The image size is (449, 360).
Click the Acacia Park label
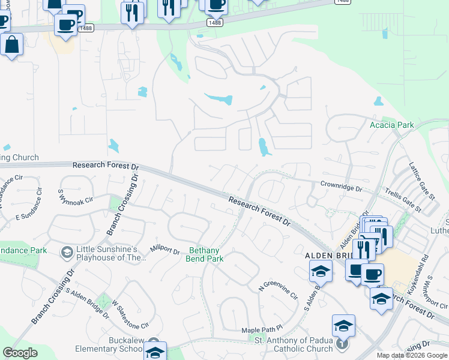pos(392,125)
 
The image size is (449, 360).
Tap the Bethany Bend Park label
pos(206,254)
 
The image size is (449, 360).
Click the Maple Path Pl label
pos(262,330)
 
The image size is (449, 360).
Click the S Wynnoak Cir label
pos(76,197)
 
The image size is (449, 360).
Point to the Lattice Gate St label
pos(422,181)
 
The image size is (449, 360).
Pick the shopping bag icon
pos(11,44)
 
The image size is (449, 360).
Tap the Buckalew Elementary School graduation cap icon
pos(155,352)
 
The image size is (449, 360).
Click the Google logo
pos(20,353)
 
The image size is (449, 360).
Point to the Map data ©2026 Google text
pos(412,355)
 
